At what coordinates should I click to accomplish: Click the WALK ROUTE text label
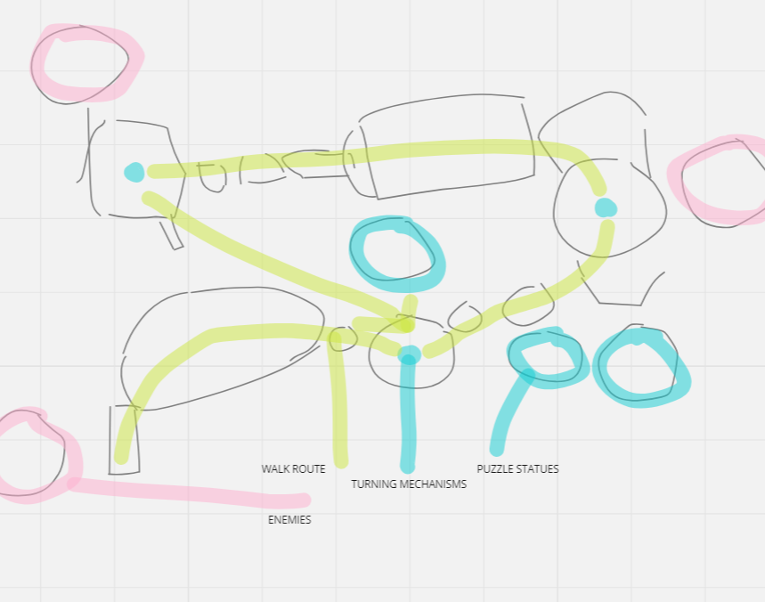click(293, 468)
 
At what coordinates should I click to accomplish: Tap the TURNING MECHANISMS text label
click(409, 484)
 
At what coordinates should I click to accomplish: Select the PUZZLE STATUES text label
click(517, 468)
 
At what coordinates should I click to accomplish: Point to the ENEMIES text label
click(289, 520)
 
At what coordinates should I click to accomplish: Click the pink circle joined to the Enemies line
click(34, 454)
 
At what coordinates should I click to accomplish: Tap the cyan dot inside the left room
click(134, 172)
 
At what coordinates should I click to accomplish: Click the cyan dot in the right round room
click(606, 207)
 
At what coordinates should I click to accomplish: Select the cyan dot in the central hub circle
click(409, 356)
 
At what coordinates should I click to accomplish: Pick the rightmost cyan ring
click(639, 367)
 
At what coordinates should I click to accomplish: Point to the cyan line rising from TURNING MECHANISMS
click(408, 414)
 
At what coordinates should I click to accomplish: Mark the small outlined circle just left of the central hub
click(343, 338)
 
